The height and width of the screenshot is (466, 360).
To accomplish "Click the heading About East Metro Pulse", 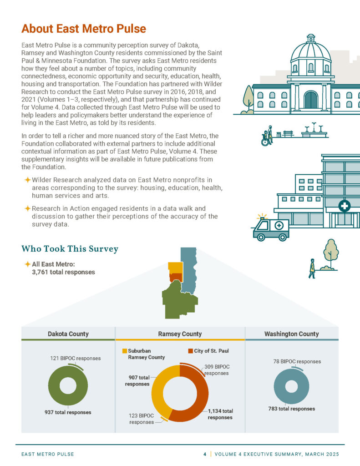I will (x=83, y=29).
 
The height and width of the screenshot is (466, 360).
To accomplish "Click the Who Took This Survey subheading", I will (x=70, y=249).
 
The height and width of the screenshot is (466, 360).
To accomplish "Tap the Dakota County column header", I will (x=68, y=334).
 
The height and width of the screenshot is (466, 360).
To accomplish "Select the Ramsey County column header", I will (x=180, y=334).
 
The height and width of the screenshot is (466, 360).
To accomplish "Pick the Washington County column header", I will (x=291, y=334).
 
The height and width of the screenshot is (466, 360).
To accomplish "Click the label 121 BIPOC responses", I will (x=75, y=358).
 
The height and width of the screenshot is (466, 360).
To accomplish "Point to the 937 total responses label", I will (x=68, y=412).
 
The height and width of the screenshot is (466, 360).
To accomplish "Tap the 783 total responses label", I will (x=292, y=409).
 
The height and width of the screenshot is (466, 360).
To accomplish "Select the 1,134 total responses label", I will (x=220, y=414).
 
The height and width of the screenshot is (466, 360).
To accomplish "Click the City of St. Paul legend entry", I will (x=210, y=351).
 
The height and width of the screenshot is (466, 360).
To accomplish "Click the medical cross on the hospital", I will (x=345, y=206).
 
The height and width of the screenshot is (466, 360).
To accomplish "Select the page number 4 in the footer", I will (x=205, y=454).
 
